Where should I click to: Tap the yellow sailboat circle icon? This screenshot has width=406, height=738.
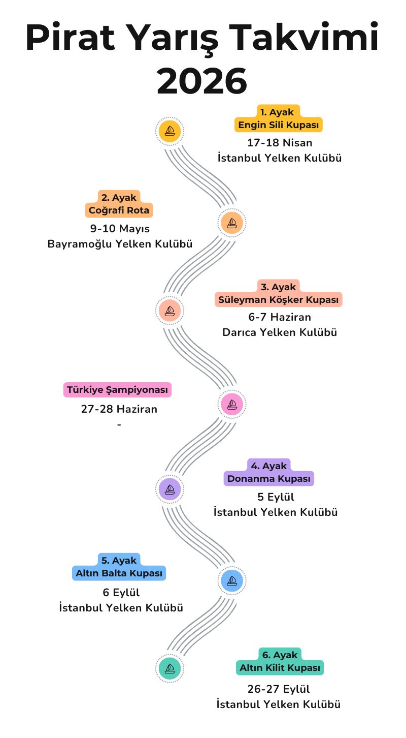[170, 131]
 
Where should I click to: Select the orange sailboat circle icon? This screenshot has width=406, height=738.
[232, 222]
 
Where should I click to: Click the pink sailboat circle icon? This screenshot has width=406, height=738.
[232, 405]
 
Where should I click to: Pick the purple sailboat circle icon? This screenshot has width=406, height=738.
[170, 489]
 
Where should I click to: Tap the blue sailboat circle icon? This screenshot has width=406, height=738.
[232, 580]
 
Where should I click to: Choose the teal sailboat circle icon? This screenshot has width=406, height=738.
[170, 668]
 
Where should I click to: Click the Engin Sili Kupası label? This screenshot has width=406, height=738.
[279, 125]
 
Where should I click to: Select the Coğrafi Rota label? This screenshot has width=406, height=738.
[119, 210]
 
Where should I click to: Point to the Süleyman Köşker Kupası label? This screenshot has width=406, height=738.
[278, 300]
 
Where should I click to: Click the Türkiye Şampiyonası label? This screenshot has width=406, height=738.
[117, 390]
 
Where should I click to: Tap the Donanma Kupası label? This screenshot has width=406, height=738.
[269, 479]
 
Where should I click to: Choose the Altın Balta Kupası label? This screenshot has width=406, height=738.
[119, 573]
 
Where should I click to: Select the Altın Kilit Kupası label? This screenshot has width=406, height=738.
[280, 667]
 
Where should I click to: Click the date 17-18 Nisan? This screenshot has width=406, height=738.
[280, 143]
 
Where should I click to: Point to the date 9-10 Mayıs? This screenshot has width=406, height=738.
[120, 229]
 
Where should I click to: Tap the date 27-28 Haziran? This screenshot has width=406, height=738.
[119, 409]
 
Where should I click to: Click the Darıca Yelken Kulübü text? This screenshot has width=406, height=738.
[280, 332]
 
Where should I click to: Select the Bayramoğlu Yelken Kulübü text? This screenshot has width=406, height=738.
[120, 244]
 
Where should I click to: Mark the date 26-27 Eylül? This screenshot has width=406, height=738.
[279, 689]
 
